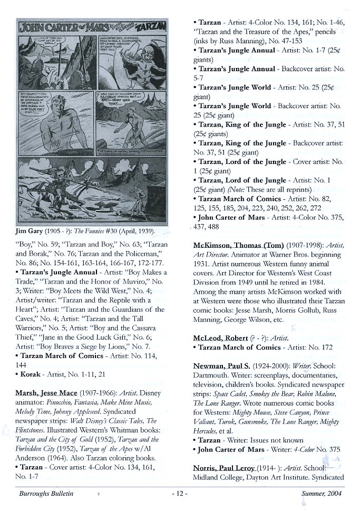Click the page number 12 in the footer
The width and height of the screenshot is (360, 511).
180,494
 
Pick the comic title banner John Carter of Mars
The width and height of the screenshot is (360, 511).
61,26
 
